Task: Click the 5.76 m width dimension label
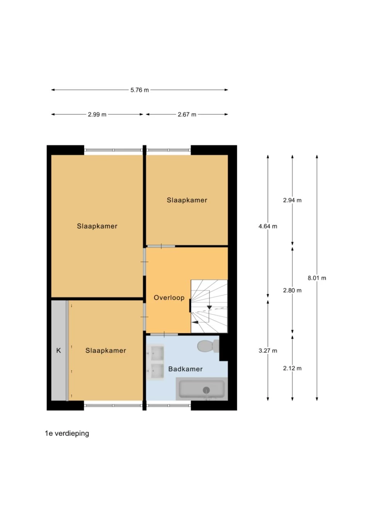140,90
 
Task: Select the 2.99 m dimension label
97,114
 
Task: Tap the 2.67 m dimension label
187,114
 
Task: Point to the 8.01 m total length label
317,278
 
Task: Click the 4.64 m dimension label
268,226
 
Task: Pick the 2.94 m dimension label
292,200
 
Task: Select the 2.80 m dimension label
292,290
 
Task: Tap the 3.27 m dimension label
268,351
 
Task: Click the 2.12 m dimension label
292,368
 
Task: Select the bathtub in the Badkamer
201,389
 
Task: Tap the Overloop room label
169,298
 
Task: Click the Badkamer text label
185,369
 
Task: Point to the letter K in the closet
59,351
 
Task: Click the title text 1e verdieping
67,433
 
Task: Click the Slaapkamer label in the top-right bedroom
187,200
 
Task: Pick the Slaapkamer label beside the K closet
106,351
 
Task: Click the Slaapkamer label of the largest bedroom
97,226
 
